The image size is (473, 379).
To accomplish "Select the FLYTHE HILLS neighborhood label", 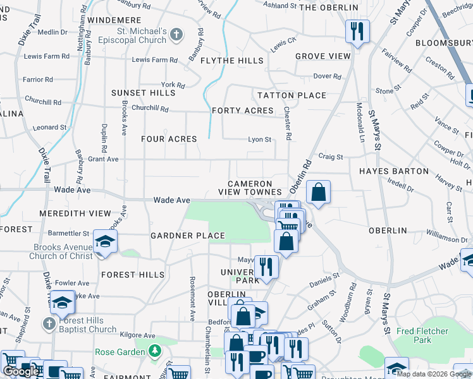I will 231,61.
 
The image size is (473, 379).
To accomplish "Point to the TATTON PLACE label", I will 292,95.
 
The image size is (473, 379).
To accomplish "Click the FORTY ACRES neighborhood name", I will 243,111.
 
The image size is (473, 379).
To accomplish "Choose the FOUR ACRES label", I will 169,139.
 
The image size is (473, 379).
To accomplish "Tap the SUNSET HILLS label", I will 144,93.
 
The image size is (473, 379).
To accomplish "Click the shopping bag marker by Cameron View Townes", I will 318,191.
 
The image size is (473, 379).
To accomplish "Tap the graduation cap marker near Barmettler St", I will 105,241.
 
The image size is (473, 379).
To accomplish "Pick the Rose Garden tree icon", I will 154,351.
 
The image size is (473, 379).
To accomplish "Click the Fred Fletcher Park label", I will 422,335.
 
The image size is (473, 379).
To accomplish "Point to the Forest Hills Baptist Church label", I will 85,325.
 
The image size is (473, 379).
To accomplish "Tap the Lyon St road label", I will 259,140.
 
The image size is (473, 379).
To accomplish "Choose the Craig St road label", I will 330,157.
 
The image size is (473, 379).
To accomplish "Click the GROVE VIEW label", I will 322,56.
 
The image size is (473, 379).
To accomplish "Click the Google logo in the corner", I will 21,371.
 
